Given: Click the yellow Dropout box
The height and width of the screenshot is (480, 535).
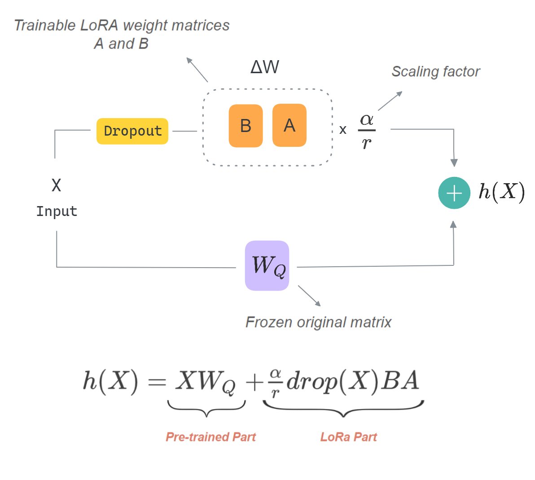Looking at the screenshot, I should click(132, 131).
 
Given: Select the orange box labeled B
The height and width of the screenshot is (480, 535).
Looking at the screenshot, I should click(246, 126).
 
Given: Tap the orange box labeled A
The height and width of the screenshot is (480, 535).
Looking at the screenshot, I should click(289, 125).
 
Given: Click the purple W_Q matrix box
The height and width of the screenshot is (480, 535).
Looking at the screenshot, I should click(267, 266).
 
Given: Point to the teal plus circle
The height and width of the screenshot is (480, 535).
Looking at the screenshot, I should click(454, 193).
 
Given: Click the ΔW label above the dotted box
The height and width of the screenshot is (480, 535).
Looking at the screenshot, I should click(265, 67).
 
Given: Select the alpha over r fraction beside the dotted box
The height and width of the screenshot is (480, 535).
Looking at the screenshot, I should click(367, 131).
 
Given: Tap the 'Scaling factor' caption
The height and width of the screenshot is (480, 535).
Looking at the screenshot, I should click(435, 72).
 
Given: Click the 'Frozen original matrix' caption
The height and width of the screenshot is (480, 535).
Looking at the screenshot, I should click(318, 322).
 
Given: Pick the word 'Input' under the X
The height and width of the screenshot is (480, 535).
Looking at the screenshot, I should click(57, 211).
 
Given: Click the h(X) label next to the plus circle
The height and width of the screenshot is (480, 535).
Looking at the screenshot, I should click(501, 192).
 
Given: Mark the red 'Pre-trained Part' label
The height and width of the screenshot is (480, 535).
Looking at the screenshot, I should click(210, 437).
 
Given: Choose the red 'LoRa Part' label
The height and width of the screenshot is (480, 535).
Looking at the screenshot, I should click(349, 437).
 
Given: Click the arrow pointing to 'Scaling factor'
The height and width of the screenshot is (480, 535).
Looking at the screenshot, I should click(390, 101).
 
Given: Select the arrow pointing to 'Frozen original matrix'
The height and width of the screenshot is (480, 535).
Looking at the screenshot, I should click(309, 296).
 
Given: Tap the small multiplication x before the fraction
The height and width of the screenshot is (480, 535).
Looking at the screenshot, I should click(343, 130).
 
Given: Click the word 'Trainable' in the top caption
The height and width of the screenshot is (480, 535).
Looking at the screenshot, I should click(44, 26).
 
